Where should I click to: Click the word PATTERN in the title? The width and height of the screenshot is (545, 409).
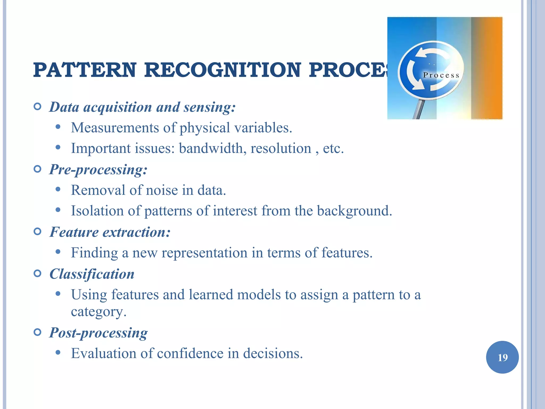(x=85, y=70)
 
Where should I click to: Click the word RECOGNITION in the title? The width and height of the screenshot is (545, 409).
(x=222, y=70)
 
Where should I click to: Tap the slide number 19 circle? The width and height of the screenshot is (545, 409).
(x=502, y=357)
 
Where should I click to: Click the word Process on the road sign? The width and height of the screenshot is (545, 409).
(x=441, y=75)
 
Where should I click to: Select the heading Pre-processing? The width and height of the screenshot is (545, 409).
(x=98, y=170)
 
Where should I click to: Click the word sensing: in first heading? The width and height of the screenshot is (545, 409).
(x=209, y=107)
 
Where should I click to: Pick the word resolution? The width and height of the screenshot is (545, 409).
(x=280, y=148)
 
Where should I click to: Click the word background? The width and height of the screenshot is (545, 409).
(x=354, y=211)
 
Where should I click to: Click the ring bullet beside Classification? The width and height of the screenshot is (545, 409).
(x=38, y=273)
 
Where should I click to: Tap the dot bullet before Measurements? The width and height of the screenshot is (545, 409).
(x=58, y=127)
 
